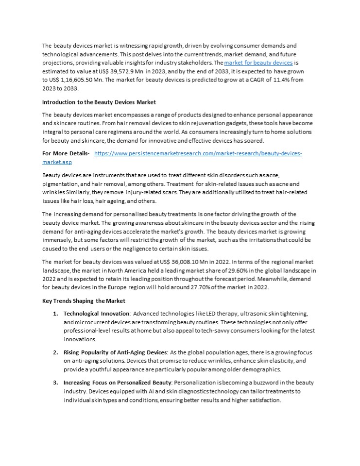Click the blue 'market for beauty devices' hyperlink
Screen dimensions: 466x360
(258, 63)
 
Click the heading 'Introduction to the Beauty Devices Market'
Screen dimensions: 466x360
(99, 102)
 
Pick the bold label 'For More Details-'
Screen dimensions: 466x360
(66, 153)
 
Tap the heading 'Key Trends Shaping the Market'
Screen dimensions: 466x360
(84, 301)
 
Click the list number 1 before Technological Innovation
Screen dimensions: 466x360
(55, 314)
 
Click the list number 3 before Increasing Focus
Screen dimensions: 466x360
(55, 383)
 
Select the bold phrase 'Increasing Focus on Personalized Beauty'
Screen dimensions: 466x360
(118, 383)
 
